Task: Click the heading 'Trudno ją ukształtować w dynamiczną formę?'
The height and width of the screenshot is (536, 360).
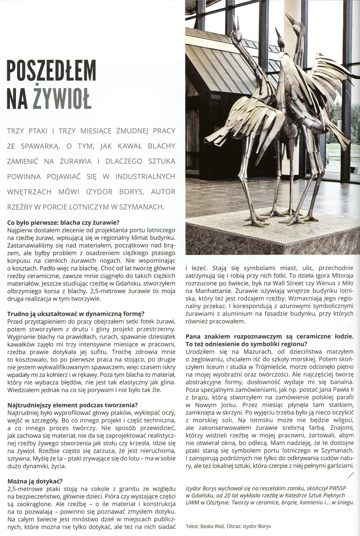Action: coord(76,314)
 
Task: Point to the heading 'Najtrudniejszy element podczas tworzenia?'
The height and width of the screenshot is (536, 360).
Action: coord(72,405)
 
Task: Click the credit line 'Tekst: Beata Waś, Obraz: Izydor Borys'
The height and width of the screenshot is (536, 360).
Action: coord(228,526)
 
